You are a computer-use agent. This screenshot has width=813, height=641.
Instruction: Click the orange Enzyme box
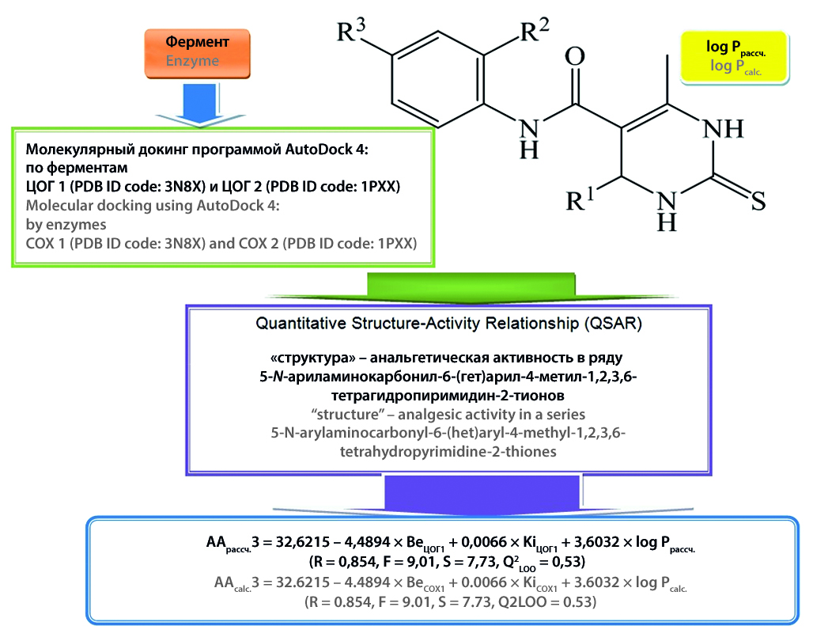196,51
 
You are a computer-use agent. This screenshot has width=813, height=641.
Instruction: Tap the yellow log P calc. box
735,57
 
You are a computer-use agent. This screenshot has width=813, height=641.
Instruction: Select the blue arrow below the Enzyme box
197,103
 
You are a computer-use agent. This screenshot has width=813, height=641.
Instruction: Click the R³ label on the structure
351,32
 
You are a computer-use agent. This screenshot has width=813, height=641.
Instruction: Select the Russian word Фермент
197,41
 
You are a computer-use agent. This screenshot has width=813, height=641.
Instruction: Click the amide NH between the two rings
531,135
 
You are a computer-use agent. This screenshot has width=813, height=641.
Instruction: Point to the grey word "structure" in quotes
349,415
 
